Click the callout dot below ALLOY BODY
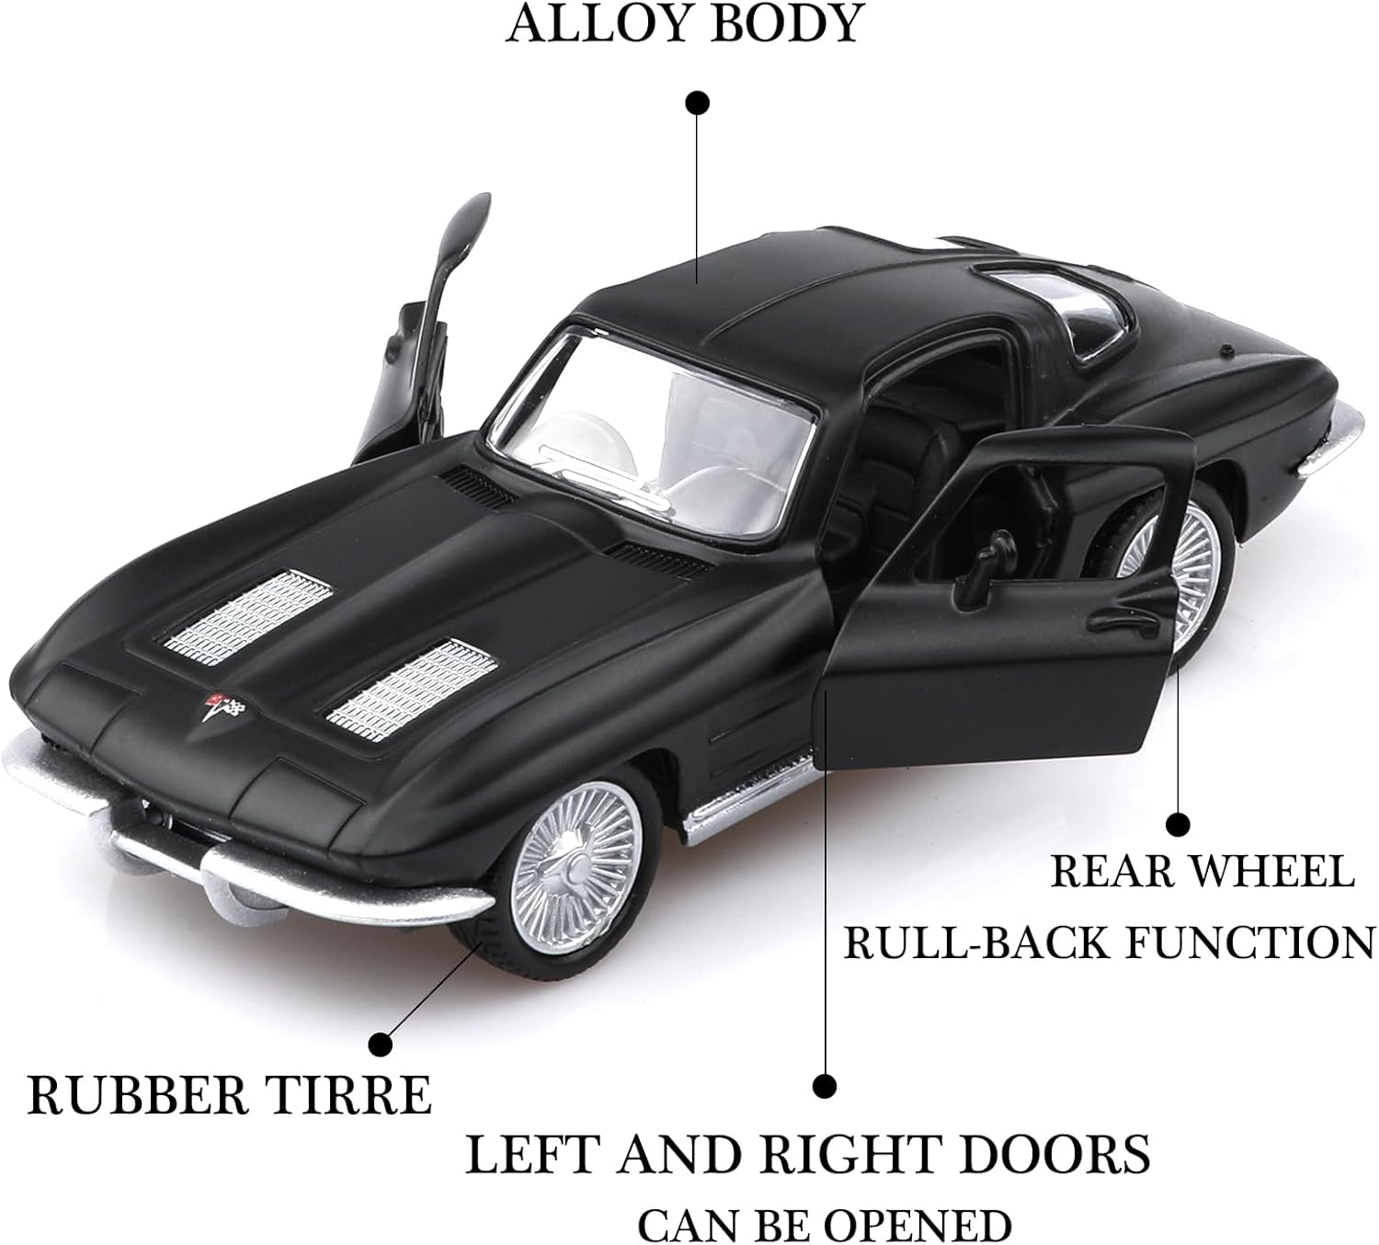point(699,102)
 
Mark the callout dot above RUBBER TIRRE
point(380,1044)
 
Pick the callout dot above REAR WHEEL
point(1178,824)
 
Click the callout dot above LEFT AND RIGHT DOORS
point(825,1086)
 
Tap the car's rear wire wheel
point(1186,561)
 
